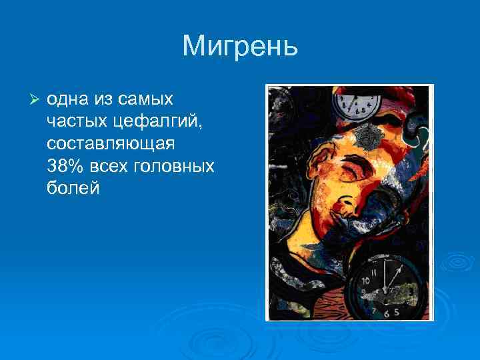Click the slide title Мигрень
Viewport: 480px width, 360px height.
tap(240, 46)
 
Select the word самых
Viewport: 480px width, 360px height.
tap(148, 99)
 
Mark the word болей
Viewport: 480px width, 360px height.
tap(73, 188)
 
